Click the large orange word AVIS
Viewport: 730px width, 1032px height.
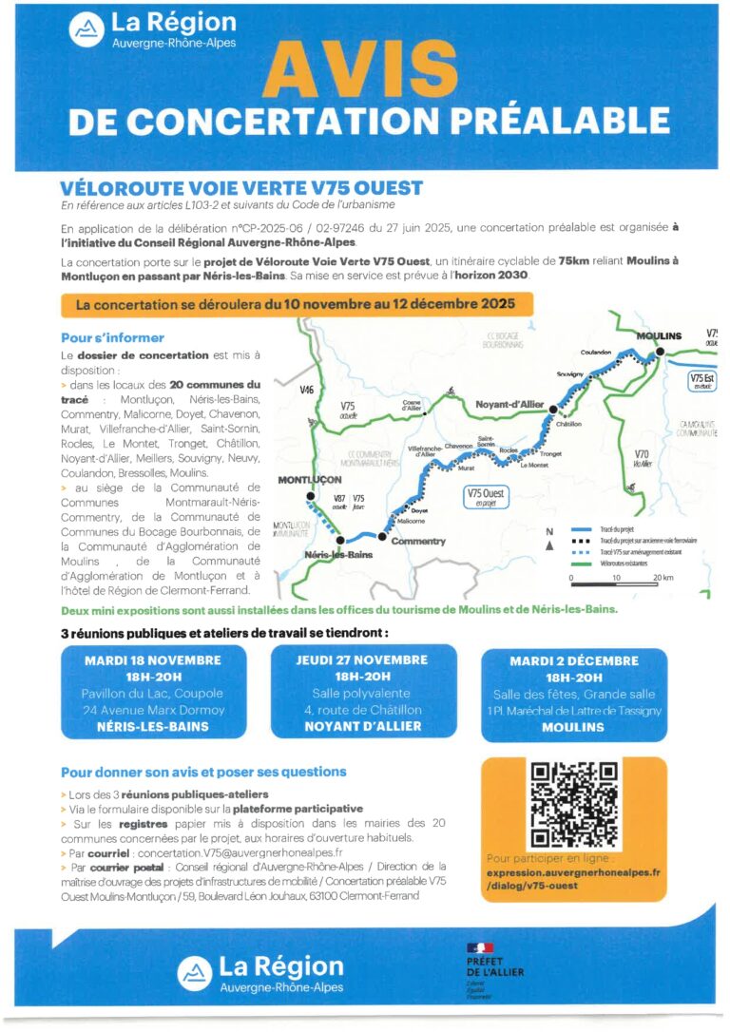[360, 71]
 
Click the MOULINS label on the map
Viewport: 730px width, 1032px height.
[659, 336]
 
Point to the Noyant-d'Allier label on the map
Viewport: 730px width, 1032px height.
[509, 405]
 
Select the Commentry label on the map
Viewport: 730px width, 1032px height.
[418, 542]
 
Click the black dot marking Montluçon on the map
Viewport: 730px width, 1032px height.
[310, 496]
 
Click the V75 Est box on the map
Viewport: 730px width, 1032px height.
[701, 381]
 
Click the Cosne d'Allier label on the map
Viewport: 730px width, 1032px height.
[412, 407]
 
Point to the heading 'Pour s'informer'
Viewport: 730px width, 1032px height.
[112, 337]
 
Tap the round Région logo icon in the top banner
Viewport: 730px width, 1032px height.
[87, 30]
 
